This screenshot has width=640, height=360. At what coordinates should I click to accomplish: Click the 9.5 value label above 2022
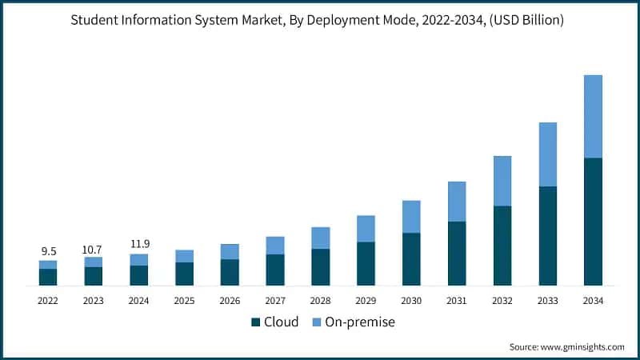(48, 250)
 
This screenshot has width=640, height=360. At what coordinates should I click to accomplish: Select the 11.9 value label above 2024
(139, 244)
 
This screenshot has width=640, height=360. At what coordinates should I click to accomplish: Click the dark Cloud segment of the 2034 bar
(593, 222)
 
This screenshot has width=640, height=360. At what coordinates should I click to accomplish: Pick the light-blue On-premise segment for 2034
(593, 116)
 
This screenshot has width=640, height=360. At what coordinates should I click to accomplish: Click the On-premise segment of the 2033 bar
(548, 154)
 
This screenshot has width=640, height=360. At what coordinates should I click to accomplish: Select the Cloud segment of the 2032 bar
(502, 246)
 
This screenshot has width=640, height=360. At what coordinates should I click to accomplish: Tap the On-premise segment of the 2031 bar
(457, 202)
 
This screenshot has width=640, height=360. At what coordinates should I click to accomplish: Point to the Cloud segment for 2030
(411, 259)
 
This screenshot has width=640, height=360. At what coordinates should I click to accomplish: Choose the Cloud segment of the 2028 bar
(321, 267)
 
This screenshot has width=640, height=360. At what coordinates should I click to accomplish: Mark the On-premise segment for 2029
(366, 229)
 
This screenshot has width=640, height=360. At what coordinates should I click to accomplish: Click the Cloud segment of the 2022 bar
(48, 277)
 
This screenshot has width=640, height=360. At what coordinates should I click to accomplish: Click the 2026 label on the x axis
(230, 301)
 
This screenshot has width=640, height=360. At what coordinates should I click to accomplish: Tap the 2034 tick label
(593, 301)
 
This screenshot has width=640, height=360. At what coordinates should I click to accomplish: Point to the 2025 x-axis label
(184, 301)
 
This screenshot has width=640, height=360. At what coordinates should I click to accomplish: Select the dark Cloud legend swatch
(256, 322)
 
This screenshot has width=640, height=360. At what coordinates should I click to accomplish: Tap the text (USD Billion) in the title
(522, 20)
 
